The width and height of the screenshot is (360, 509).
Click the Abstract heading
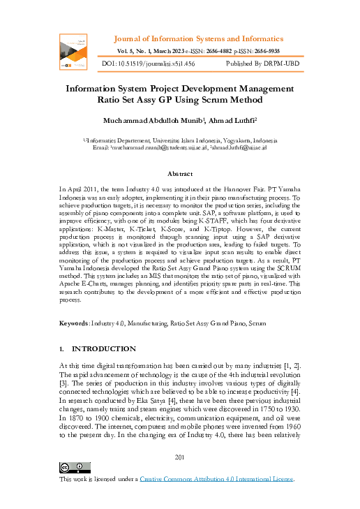pyautogui.click(x=180, y=174)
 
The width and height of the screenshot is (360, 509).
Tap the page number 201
pyautogui.click(x=180, y=457)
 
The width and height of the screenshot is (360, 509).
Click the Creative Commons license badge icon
pyautogui.click(x=74, y=468)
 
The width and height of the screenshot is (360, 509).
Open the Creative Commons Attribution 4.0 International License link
pyautogui.click(x=218, y=479)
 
